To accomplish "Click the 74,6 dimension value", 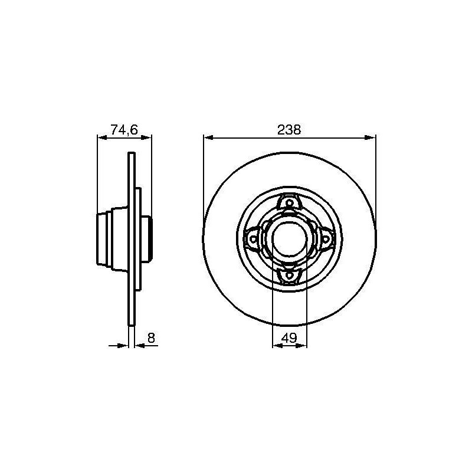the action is tap(124, 130).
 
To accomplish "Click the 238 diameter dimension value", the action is tap(289, 130).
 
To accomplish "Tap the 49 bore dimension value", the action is tap(289, 338).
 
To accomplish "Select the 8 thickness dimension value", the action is tap(151, 338).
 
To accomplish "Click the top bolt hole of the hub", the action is tap(289, 203).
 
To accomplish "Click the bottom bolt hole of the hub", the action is tap(289, 275).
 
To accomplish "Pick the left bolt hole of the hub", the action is tap(254, 240).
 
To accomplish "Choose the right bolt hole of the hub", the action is tap(326, 240).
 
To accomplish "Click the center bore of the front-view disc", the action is tap(289, 239).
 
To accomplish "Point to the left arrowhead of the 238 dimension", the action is tap(208, 137).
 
